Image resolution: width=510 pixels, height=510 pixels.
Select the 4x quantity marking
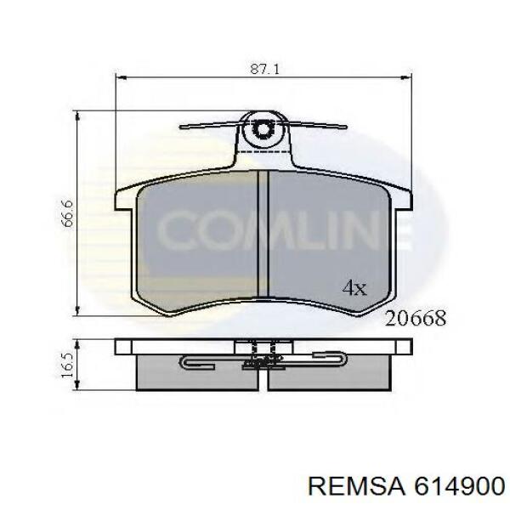click(x=354, y=287)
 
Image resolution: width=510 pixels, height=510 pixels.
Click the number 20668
click(x=416, y=318)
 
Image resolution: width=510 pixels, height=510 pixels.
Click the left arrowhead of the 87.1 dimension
click(x=119, y=79)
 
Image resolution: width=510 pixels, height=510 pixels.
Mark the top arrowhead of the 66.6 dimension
click(x=77, y=116)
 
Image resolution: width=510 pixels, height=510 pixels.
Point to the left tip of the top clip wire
click(x=185, y=129)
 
